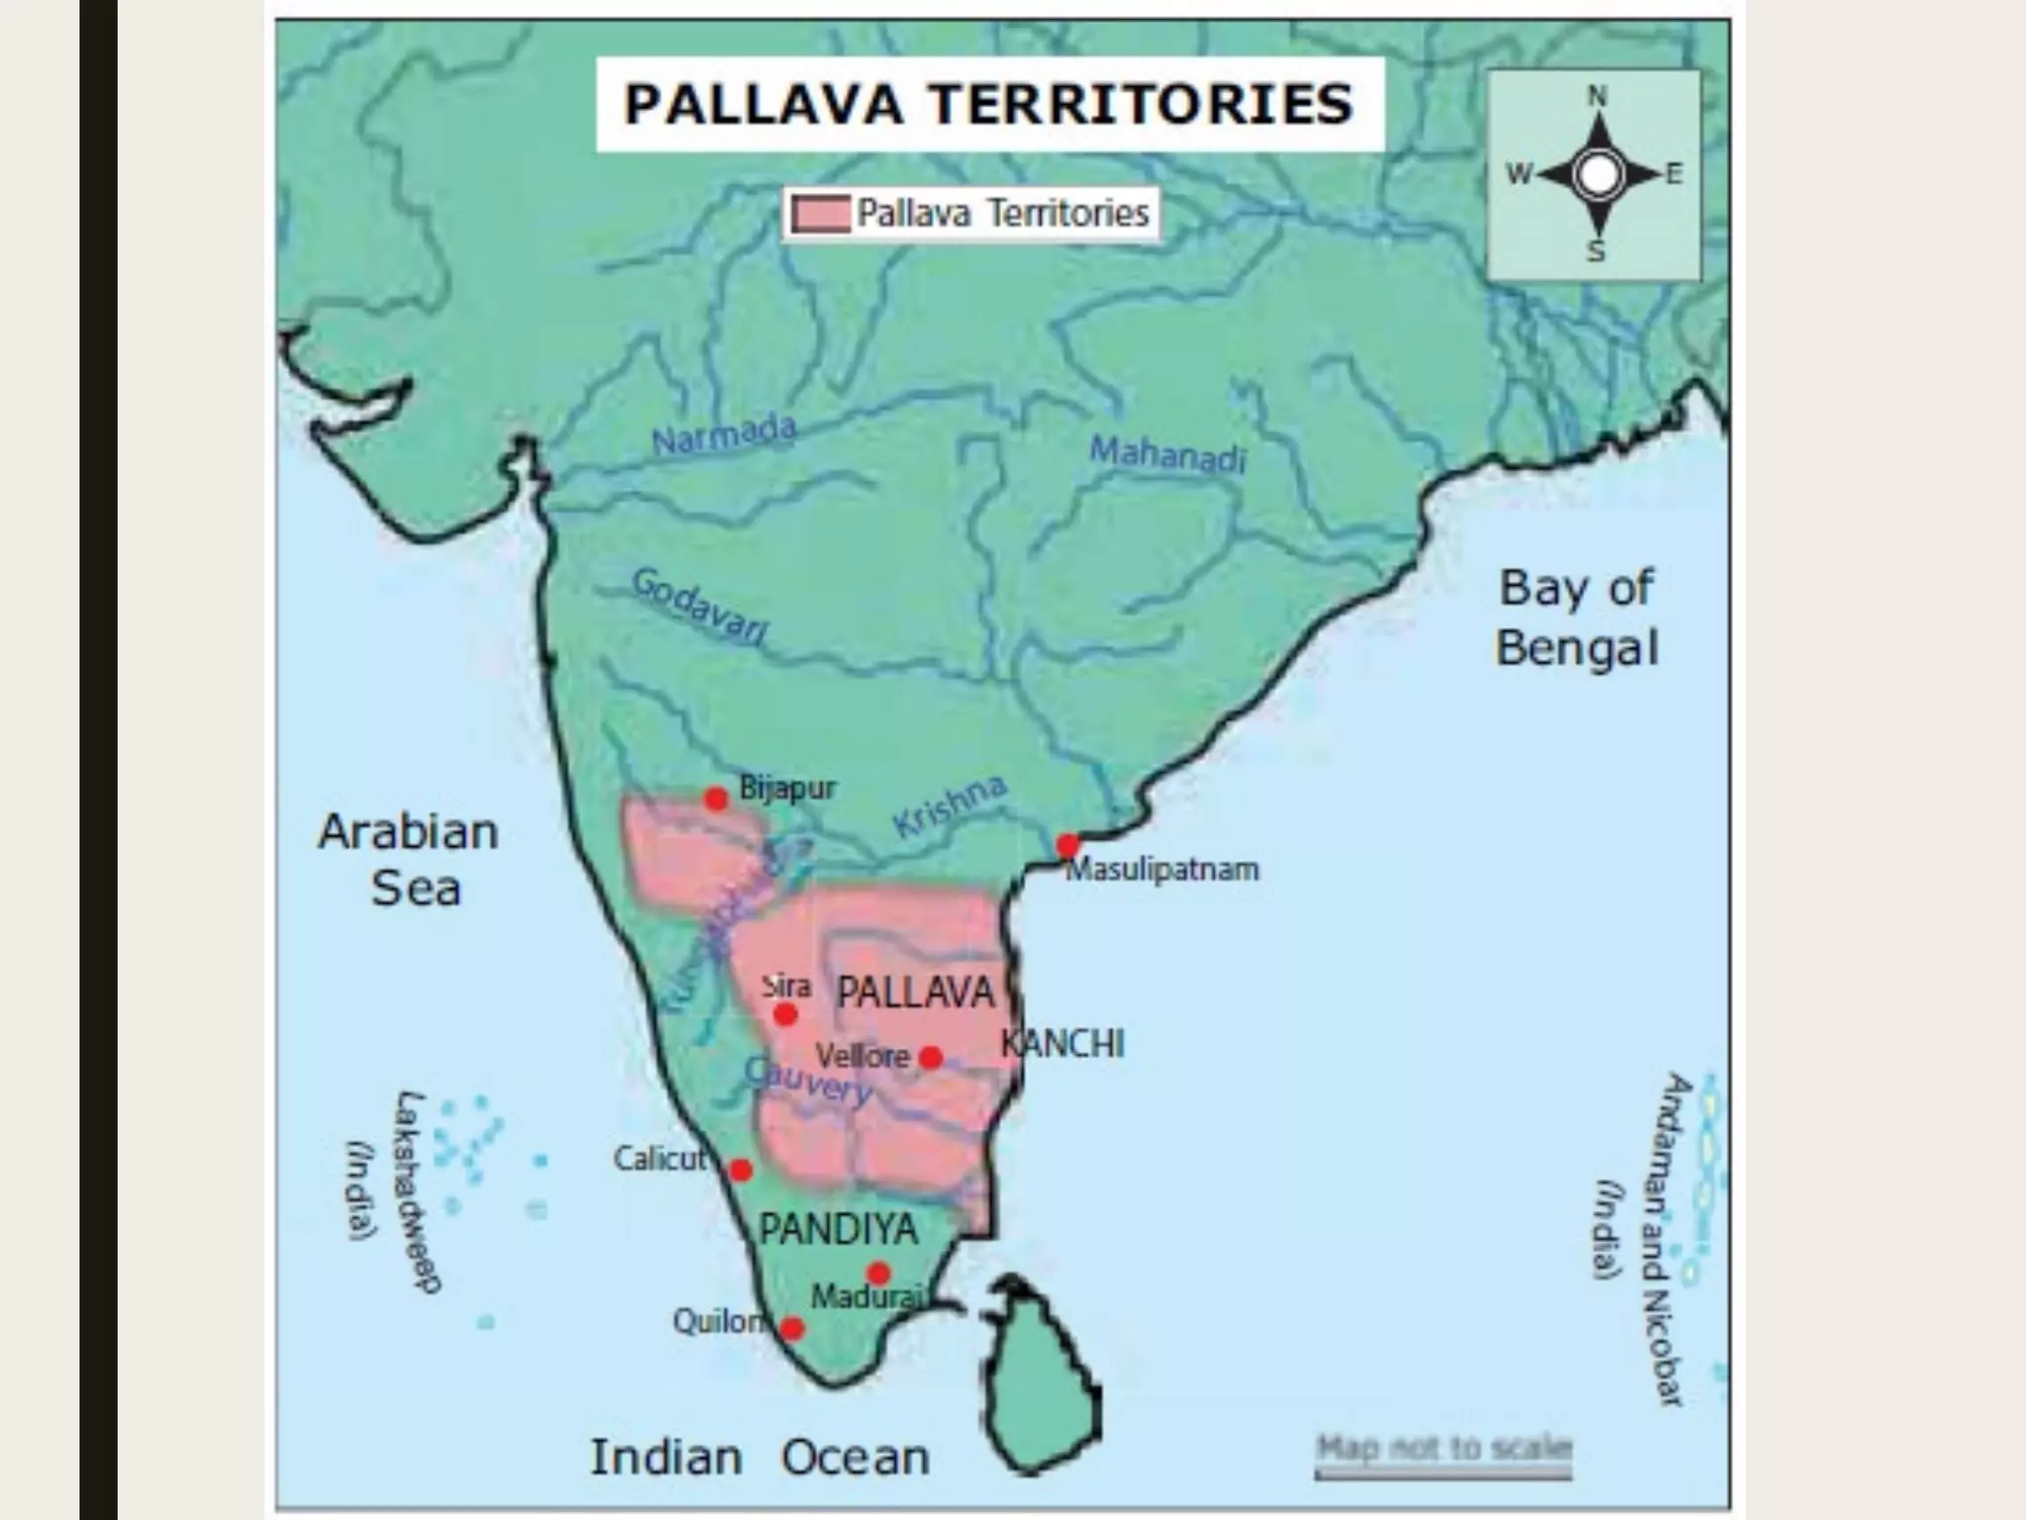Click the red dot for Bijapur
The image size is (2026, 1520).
716,799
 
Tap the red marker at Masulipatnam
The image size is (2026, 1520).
1067,846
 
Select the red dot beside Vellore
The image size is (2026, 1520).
931,1058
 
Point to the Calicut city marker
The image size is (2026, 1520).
740,1171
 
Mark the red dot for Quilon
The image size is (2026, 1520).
791,1328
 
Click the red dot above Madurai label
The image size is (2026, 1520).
878,1273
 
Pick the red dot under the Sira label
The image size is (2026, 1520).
785,1014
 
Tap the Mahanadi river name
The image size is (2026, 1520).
1167,454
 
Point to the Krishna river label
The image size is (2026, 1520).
950,806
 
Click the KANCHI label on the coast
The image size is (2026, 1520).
1062,1044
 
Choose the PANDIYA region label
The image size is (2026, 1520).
839,1229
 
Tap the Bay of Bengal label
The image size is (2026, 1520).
1577,617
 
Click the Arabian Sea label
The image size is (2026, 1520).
410,859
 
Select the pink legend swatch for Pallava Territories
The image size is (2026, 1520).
821,214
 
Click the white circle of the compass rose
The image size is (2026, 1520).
1598,175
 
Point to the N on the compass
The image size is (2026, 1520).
1598,97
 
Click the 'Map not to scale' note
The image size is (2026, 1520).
1443,1448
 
